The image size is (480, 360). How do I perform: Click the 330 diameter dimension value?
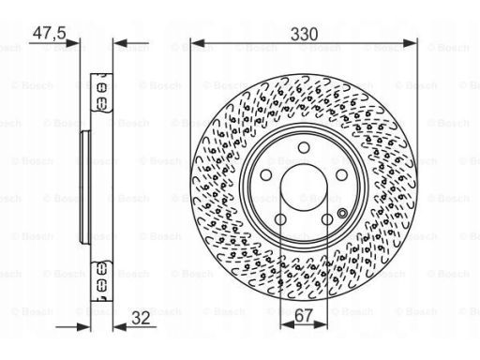[x=304, y=34]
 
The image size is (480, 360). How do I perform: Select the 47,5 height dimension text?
[x=50, y=33]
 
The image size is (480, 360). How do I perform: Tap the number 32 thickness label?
[x=141, y=318]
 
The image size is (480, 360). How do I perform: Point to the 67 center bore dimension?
[x=304, y=316]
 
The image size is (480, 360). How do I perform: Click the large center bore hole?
[x=304, y=187]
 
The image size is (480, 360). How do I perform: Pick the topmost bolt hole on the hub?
[x=304, y=147]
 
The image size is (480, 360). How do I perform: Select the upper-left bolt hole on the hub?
[x=266, y=175]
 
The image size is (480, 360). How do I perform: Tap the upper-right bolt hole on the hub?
[x=341, y=175]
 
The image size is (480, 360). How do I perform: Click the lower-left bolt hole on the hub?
[x=280, y=219]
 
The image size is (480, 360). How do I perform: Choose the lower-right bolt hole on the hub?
[x=327, y=219]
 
